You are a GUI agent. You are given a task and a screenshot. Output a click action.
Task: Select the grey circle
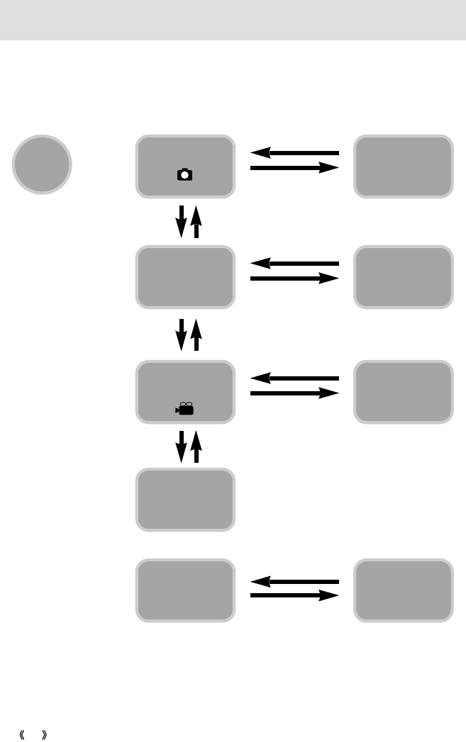point(42,164)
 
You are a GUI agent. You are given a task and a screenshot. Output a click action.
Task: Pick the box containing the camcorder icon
point(186,393)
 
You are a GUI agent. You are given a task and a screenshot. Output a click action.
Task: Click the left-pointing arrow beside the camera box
point(295,152)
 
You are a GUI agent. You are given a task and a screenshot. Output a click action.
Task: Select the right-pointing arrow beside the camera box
point(295,168)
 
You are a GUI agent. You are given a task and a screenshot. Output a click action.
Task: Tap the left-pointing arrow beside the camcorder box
point(295,378)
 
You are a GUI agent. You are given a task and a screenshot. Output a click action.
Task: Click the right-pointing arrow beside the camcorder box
point(295,394)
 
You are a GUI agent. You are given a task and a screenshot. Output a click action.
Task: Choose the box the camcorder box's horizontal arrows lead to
point(404,393)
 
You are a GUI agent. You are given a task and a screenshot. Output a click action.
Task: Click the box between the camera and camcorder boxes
point(186,277)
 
